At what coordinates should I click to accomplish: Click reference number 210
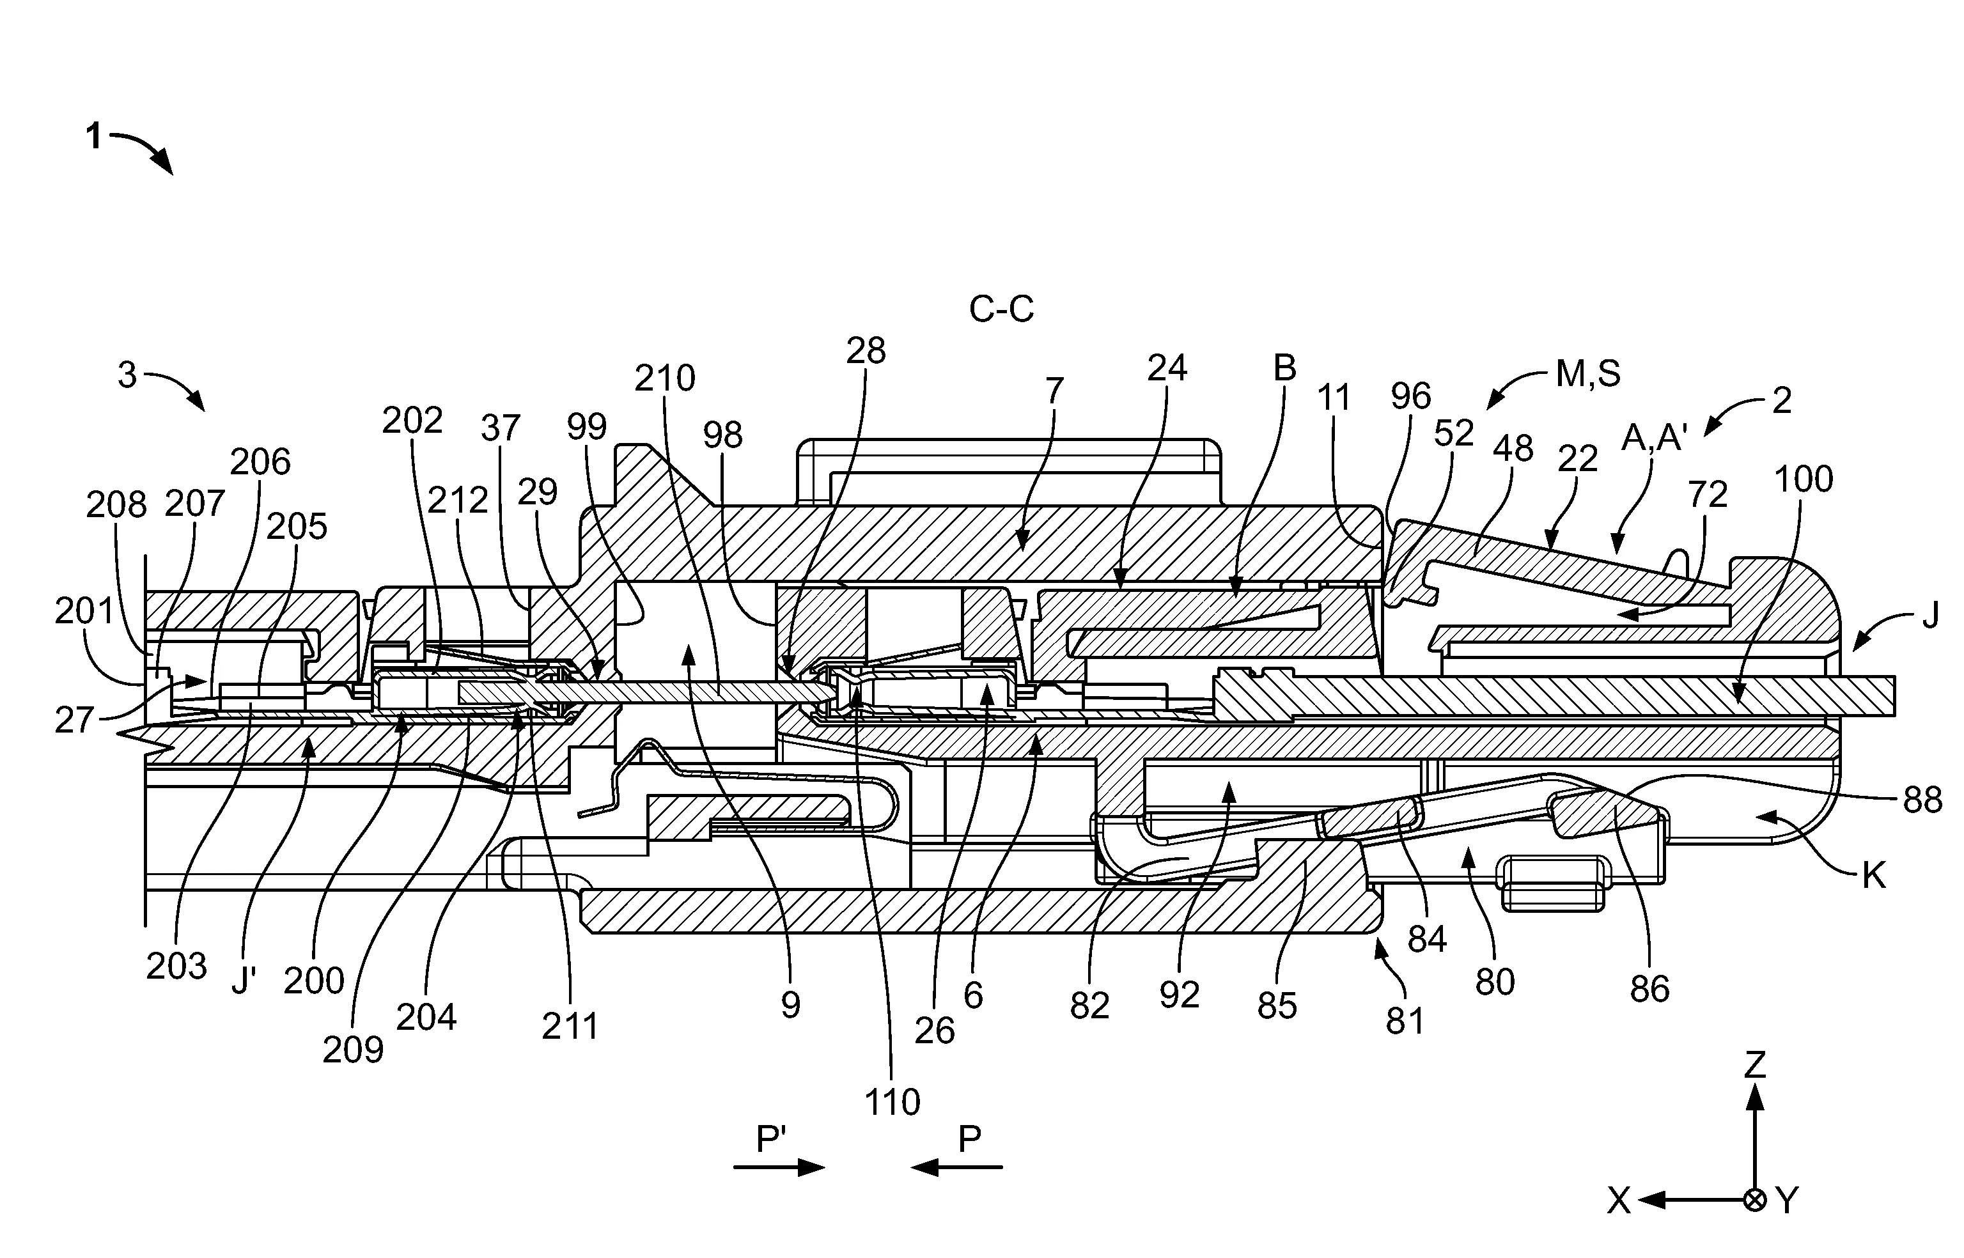[x=665, y=378]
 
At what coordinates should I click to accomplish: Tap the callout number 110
[x=892, y=1103]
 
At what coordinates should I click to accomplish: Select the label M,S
[x=1587, y=373]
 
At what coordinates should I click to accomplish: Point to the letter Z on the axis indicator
[x=1755, y=1065]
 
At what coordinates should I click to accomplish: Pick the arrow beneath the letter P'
[x=779, y=1167]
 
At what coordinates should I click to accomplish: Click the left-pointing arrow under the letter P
[x=956, y=1167]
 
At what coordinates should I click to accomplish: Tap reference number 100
[x=1803, y=479]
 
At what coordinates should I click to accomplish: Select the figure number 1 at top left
[x=94, y=136]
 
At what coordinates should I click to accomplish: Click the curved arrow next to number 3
[x=176, y=389]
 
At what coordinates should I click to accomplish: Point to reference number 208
[x=116, y=506]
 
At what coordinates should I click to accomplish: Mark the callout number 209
[x=352, y=1050]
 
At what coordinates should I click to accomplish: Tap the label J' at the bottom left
[x=244, y=981]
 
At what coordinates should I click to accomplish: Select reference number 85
[x=1277, y=1006]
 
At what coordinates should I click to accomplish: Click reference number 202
[x=412, y=421]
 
